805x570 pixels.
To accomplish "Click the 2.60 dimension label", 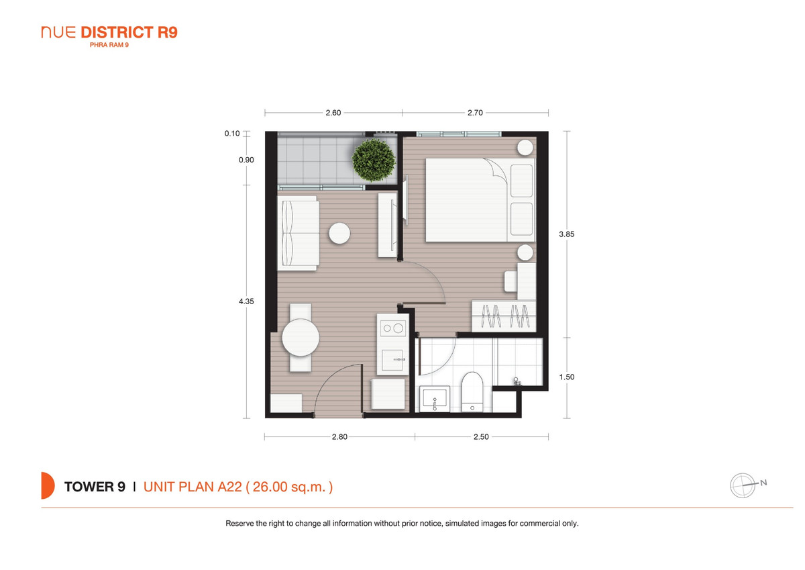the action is (333, 113).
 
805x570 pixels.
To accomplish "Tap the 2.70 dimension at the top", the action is (475, 113).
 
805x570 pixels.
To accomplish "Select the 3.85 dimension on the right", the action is (567, 234).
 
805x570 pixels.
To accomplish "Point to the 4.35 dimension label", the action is (246, 301).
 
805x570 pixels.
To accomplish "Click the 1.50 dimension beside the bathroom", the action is (567, 377).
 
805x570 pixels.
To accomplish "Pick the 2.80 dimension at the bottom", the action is (339, 437).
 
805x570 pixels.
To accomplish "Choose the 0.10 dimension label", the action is (232, 134).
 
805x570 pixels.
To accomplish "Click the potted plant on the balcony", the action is (374, 160).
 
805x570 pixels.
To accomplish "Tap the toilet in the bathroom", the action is (472, 391).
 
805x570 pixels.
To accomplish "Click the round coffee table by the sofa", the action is (339, 234).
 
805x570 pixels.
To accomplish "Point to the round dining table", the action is (301, 338).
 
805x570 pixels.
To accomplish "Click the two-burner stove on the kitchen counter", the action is (393, 328).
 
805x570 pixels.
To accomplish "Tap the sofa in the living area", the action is (299, 233).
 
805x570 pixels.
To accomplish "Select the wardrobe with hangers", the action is (504, 316).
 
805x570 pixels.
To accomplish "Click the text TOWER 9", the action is (95, 487).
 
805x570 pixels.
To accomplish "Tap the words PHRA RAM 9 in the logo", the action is (109, 45).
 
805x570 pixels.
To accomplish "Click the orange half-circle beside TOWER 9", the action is (48, 485).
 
